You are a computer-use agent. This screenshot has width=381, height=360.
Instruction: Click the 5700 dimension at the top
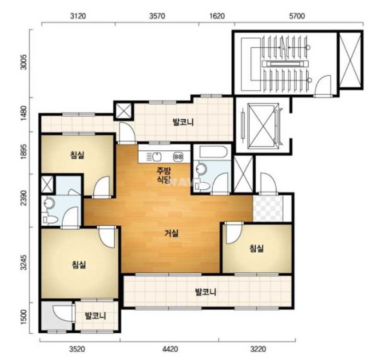[x=297, y=16]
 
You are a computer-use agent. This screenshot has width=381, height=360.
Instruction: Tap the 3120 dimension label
[x=78, y=16]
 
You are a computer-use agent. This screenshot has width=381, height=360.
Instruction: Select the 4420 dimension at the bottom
[x=170, y=349]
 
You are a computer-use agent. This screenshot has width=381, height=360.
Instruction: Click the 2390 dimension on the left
[x=24, y=197]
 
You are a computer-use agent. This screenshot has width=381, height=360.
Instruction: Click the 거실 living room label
[x=171, y=233]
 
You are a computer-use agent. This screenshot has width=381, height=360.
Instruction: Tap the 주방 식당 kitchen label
[x=164, y=175]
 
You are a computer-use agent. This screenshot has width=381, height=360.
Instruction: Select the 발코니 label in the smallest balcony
[x=95, y=316]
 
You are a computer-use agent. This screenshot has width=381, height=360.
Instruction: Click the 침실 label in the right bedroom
[x=257, y=248]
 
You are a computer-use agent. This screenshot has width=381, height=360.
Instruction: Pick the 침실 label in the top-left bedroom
[x=77, y=155]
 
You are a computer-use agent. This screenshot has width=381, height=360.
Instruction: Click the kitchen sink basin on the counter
[x=157, y=157]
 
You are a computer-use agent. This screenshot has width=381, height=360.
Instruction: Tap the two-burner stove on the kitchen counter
[x=178, y=156]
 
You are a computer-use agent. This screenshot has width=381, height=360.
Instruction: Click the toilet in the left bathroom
[x=50, y=220]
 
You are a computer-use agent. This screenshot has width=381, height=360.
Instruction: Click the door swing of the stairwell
[x=322, y=86]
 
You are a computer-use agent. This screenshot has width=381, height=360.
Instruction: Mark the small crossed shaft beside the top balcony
[x=123, y=111]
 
